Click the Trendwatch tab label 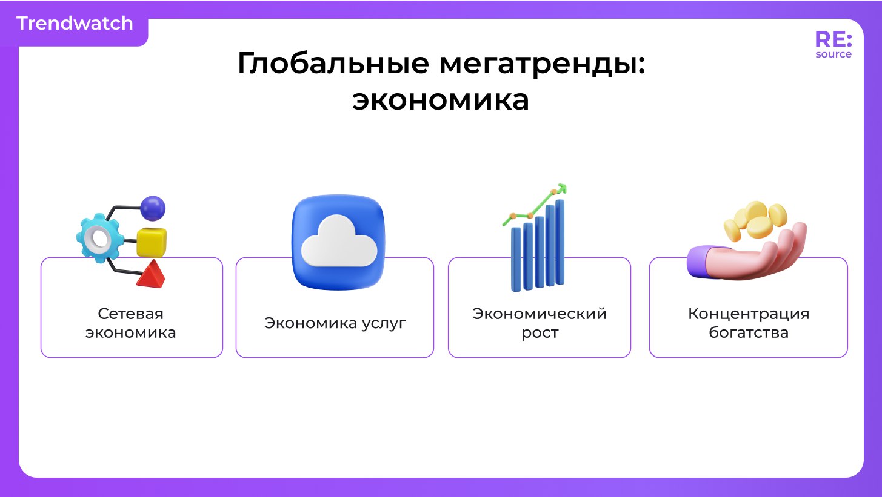(75, 24)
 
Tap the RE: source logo (833, 44)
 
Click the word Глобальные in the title (333, 63)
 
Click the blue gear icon (100, 238)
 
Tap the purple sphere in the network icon (153, 208)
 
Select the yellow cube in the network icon (152, 242)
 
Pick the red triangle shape (151, 274)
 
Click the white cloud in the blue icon (339, 242)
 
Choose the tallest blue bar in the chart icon (560, 242)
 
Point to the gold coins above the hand (755, 220)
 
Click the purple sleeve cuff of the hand (700, 261)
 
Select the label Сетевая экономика (131, 323)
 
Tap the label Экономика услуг (335, 323)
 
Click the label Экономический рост (540, 323)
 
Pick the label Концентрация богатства (749, 323)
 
